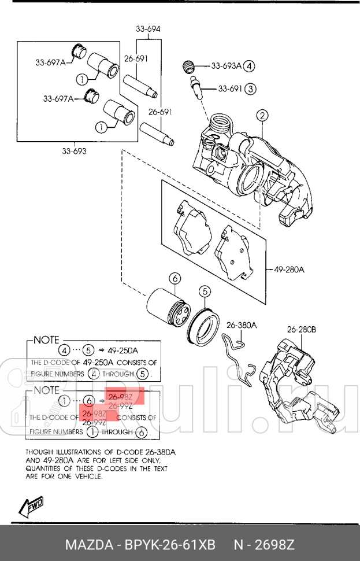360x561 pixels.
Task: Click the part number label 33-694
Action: pyautogui.click(x=148, y=28)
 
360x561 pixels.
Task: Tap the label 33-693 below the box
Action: pyautogui.click(x=74, y=152)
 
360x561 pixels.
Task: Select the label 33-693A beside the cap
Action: pyautogui.click(x=225, y=66)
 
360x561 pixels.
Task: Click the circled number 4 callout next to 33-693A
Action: pyautogui.click(x=249, y=66)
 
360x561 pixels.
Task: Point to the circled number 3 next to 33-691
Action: pyautogui.click(x=250, y=89)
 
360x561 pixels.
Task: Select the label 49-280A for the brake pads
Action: pyautogui.click(x=288, y=269)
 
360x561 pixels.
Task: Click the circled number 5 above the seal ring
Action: pyautogui.click(x=206, y=291)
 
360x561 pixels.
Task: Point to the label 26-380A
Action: pyautogui.click(x=241, y=325)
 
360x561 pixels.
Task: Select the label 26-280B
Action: pyautogui.click(x=301, y=330)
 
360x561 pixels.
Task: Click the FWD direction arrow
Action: pyautogui.click(x=31, y=507)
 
